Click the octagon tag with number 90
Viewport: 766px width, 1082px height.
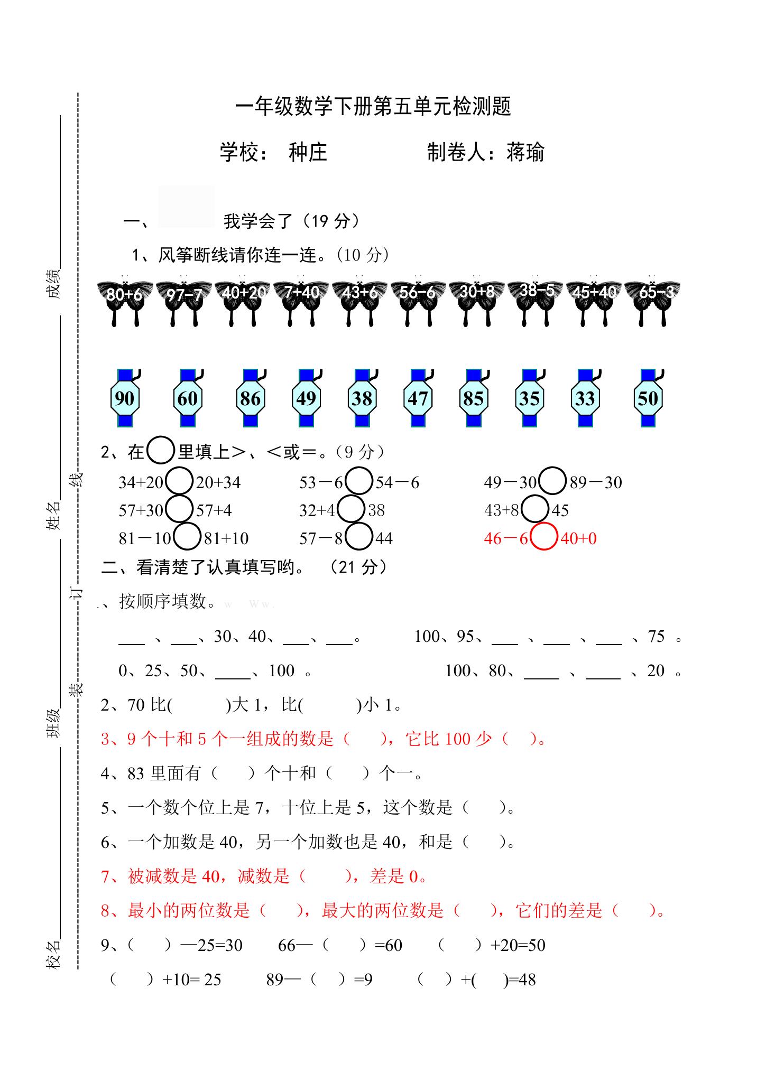pyautogui.click(x=125, y=398)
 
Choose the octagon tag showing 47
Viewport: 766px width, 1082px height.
pyautogui.click(x=418, y=398)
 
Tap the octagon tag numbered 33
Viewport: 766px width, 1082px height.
pyautogui.click(x=585, y=398)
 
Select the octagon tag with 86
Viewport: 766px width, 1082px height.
pyautogui.click(x=251, y=398)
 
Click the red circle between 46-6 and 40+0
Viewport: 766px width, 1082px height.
pyautogui.click(x=544, y=536)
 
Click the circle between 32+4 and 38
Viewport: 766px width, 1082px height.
pyautogui.click(x=350, y=509)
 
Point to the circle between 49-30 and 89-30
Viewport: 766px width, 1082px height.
pyautogui.click(x=552, y=480)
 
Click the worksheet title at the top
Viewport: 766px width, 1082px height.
pyautogui.click(x=373, y=106)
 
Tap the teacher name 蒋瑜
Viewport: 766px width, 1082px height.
pyautogui.click(x=525, y=152)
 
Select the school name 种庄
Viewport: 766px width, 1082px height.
pyautogui.click(x=308, y=152)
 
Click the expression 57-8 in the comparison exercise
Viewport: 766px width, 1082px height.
pyautogui.click(x=321, y=538)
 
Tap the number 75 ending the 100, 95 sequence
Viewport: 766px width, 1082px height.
pyautogui.click(x=656, y=636)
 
